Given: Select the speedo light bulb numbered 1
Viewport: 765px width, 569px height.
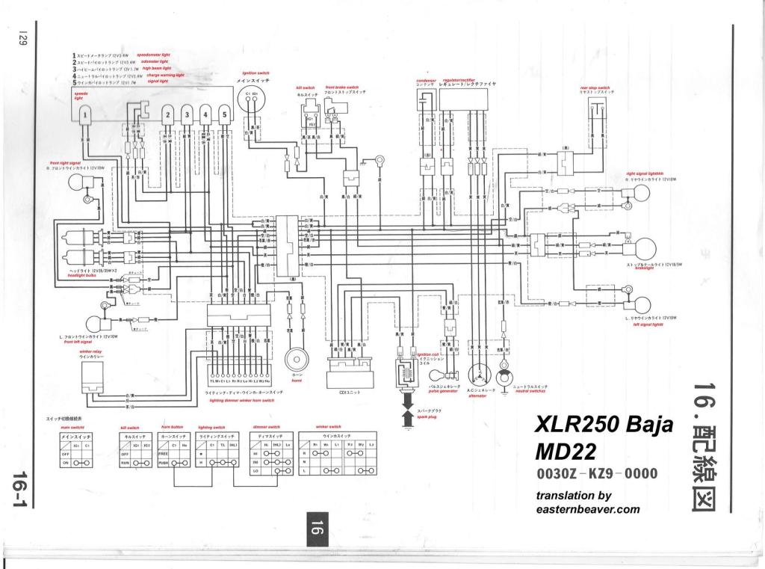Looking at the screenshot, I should pos(86,115).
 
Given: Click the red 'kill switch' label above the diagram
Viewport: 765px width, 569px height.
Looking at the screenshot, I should pos(304,87).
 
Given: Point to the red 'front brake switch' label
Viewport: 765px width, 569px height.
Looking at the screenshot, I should pos(342,87).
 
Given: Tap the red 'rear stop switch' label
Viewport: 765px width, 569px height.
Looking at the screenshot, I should pos(595,87).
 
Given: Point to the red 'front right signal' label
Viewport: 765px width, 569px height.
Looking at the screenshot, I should pos(66,162).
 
